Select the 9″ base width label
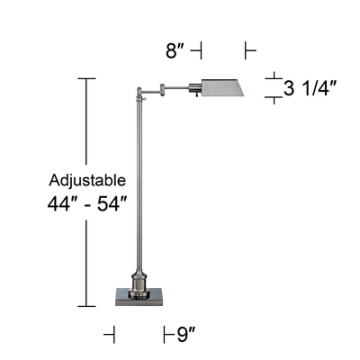coord(186,336)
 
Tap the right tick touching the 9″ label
coord(166,336)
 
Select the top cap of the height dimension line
coord(87,79)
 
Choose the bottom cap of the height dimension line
coord(87,307)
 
